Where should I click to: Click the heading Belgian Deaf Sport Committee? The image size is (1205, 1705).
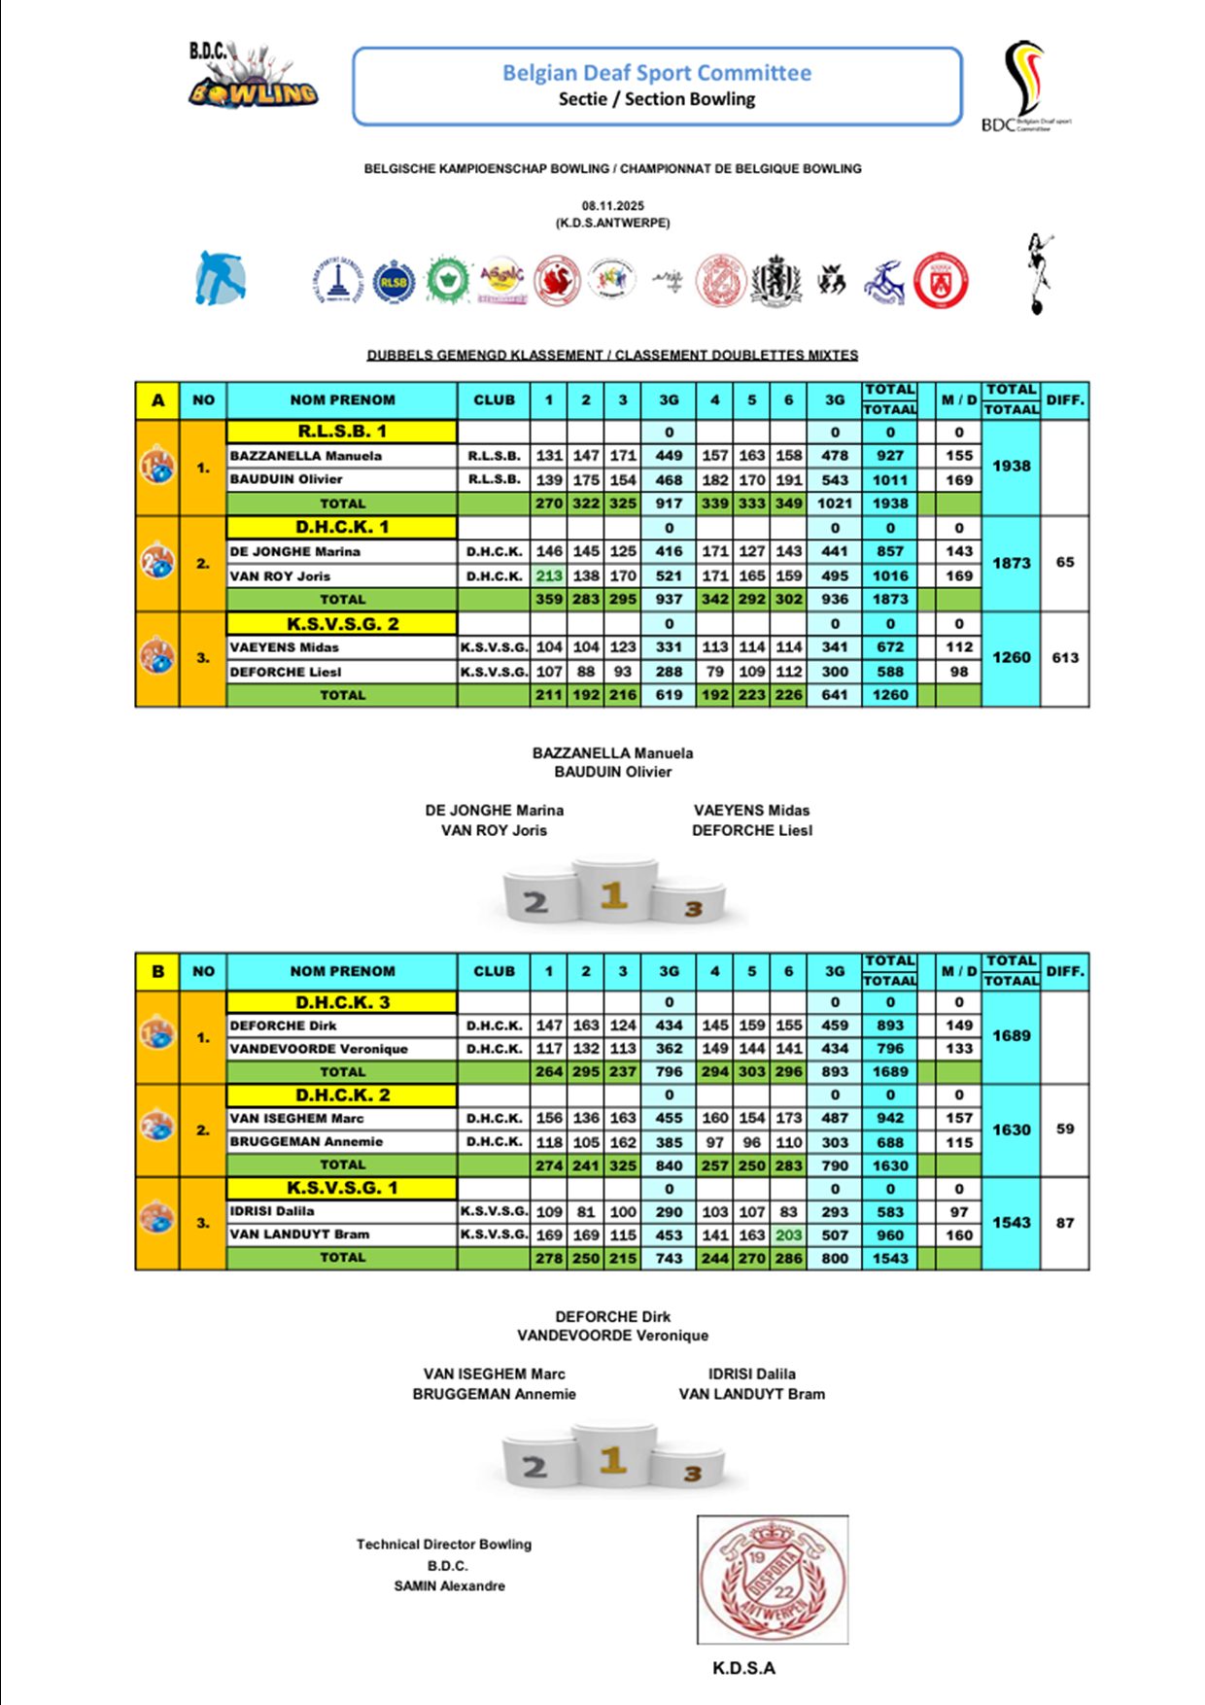pos(656,73)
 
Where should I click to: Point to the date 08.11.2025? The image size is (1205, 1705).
pos(612,206)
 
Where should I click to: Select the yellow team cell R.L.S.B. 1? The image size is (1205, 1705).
pos(342,432)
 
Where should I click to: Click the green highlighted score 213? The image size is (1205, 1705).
pos(549,575)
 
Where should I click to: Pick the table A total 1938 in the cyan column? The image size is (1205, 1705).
pos(1011,467)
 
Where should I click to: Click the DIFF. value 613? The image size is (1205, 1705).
pos(1065,658)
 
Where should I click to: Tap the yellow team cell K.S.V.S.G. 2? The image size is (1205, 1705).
pos(342,624)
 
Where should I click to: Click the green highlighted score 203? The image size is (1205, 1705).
pos(788,1235)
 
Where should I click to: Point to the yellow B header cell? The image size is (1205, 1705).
pos(157,971)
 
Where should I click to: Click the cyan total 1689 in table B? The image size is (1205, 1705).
pos(1011,1036)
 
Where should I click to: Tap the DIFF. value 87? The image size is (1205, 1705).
pos(1065,1223)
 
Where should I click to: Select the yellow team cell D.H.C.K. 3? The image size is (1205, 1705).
pos(342,1002)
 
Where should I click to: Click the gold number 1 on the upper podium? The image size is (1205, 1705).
pos(613,894)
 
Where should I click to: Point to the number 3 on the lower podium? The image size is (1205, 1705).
pos(692,1474)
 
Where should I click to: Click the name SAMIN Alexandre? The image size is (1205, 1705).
pos(449,1586)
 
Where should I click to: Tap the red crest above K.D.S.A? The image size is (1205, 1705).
pos(773,1580)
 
